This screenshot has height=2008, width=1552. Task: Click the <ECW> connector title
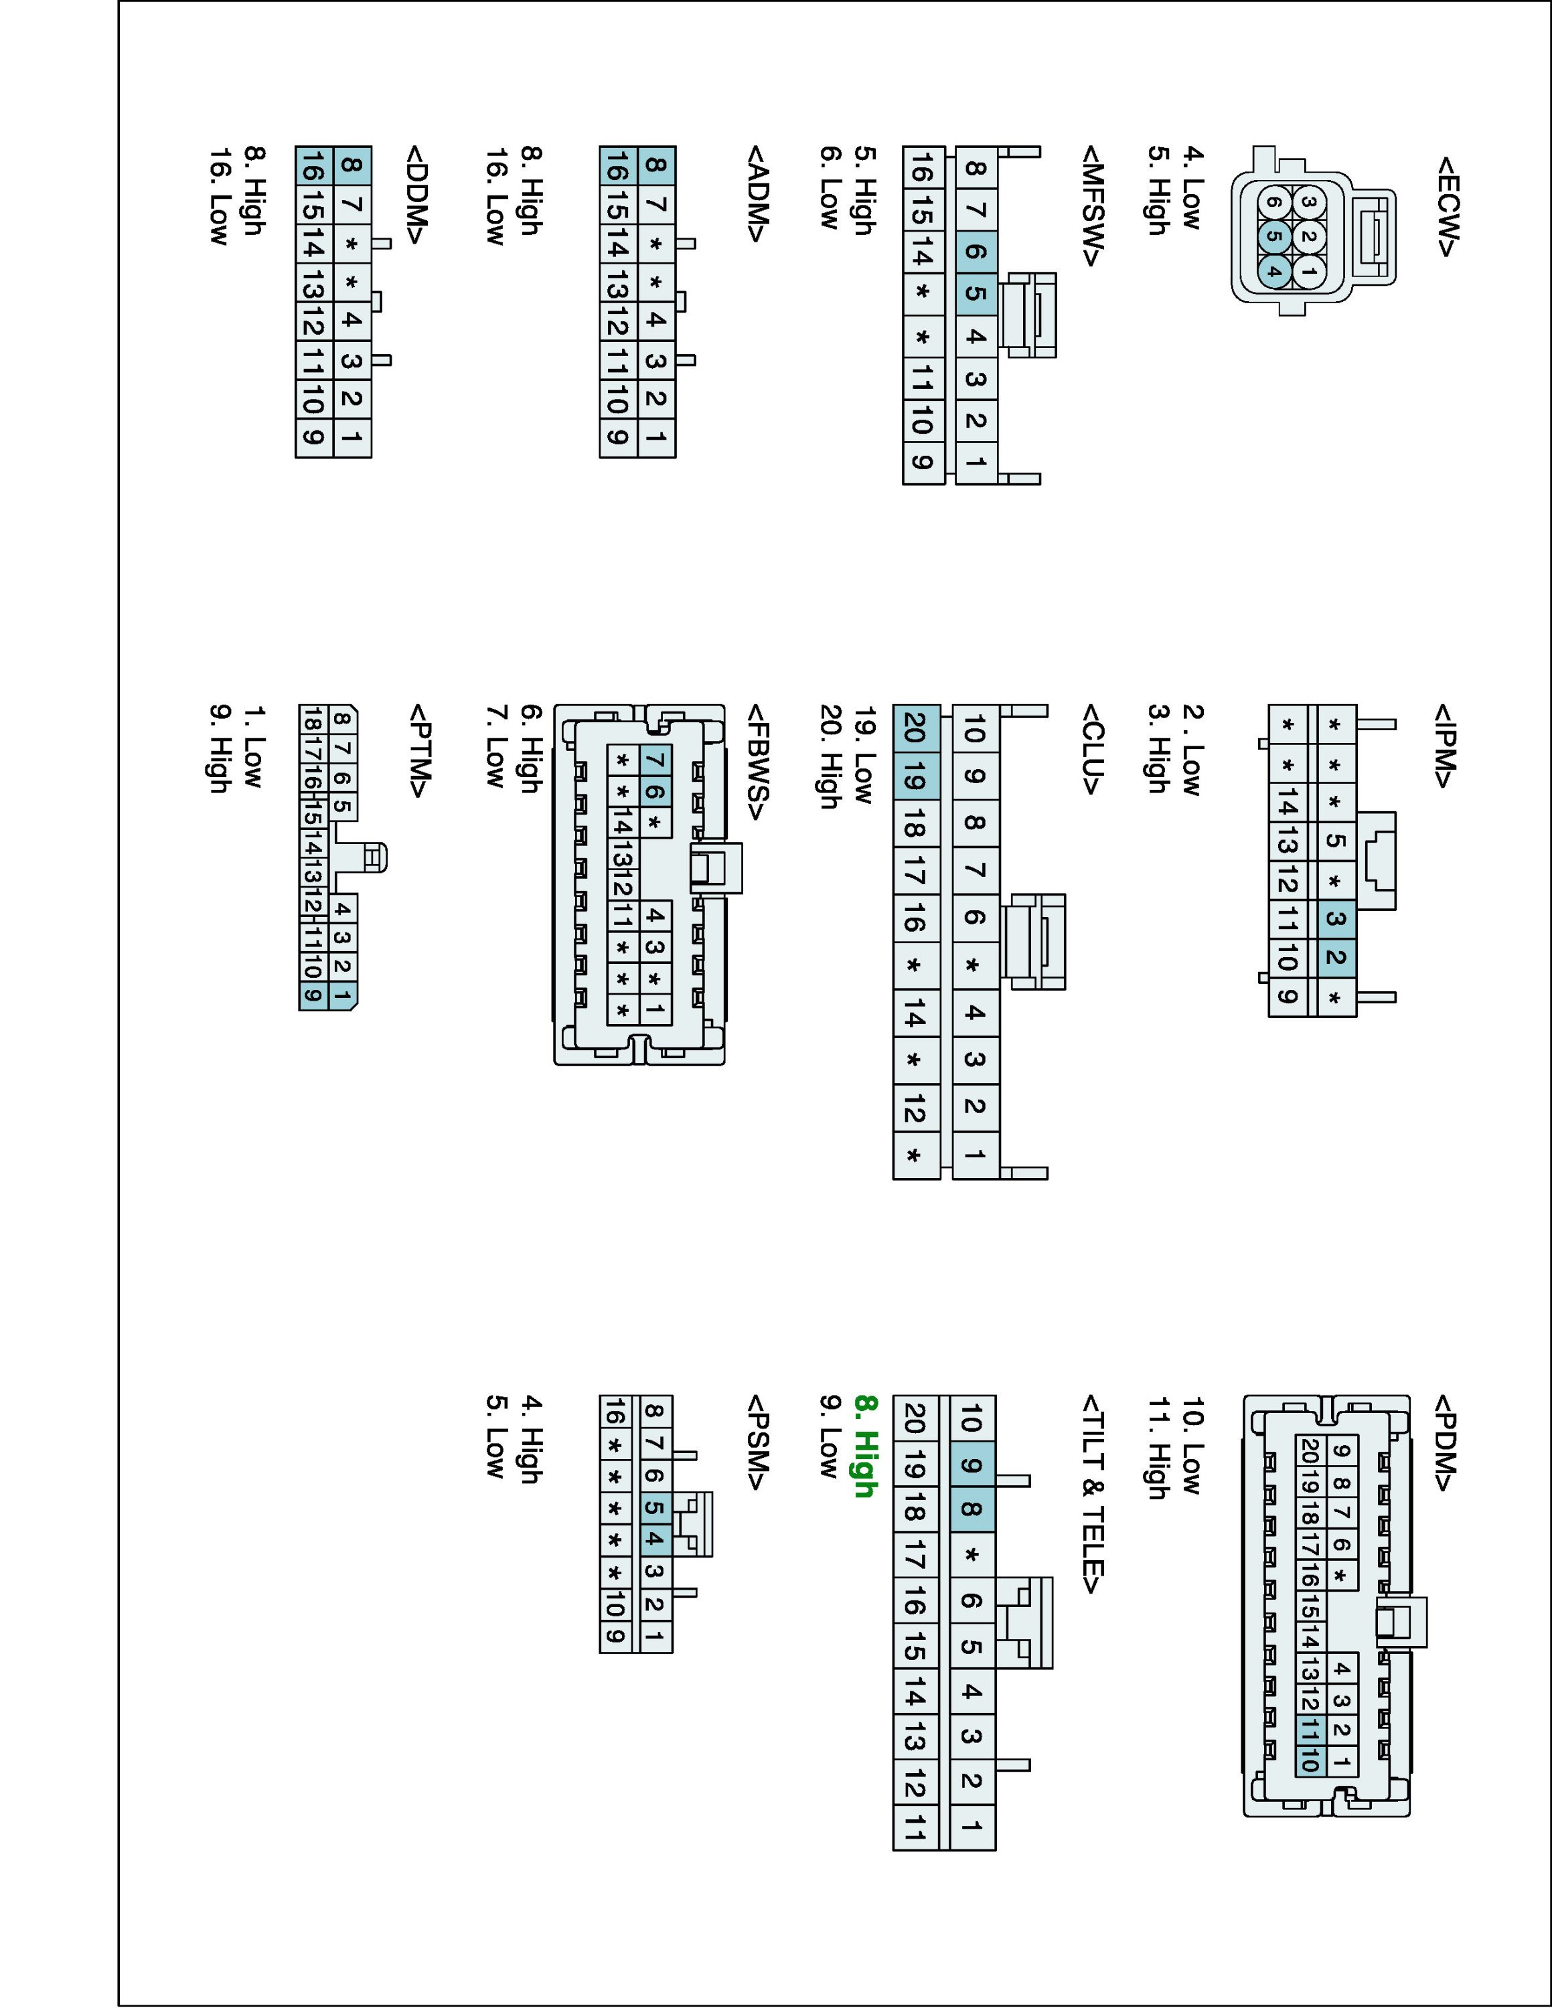click(x=1446, y=206)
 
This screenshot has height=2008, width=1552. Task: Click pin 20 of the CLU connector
click(x=915, y=728)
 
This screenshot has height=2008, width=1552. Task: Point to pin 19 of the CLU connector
click(x=915, y=777)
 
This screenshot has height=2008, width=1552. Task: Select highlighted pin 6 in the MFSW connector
click(x=976, y=251)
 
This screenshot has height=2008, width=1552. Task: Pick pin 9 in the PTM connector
click(x=313, y=995)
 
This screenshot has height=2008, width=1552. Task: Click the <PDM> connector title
click(x=1446, y=1444)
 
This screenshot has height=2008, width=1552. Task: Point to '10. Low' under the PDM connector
click(x=1192, y=1445)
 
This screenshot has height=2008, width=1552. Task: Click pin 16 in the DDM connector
click(x=313, y=167)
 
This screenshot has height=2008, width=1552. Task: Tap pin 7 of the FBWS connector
click(x=655, y=761)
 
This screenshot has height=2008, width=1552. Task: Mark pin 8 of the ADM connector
click(x=655, y=165)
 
